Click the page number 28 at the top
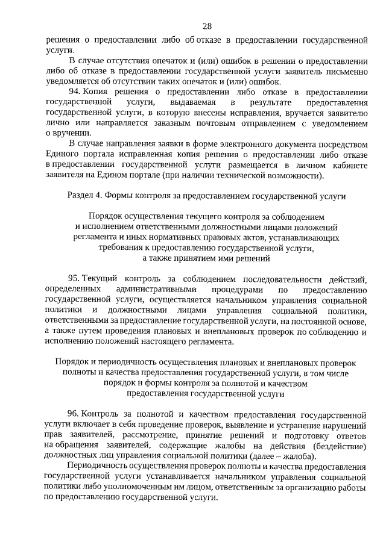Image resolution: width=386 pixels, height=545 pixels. (x=207, y=26)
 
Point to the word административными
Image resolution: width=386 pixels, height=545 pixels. (x=154, y=289)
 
